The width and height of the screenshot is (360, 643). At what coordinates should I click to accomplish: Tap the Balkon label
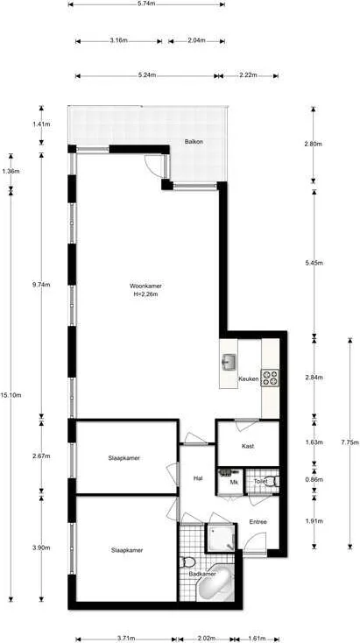tap(194, 141)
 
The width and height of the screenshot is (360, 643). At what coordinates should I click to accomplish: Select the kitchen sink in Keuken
tap(229, 362)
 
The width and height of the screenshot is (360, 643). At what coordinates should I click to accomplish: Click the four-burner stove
tap(270, 378)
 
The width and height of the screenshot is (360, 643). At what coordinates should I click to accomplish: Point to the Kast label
tap(248, 447)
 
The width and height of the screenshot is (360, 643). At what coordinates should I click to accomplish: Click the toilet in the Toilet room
tap(272, 481)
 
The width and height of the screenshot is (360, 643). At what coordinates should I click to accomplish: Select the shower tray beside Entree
tap(221, 538)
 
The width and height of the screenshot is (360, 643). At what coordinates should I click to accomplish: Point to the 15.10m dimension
tap(11, 395)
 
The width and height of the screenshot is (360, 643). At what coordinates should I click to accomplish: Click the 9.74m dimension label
tap(42, 285)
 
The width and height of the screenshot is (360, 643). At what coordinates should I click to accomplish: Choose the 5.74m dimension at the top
tap(146, 4)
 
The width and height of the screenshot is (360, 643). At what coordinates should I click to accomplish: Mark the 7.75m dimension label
tap(349, 442)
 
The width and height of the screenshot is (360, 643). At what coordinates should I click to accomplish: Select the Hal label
tap(199, 478)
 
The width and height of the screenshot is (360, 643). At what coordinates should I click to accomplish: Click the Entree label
tap(258, 522)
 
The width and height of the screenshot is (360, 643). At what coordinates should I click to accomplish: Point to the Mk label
tap(234, 482)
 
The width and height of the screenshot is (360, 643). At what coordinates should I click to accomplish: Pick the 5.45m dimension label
tap(315, 263)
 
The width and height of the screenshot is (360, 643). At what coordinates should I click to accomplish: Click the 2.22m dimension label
tap(249, 75)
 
